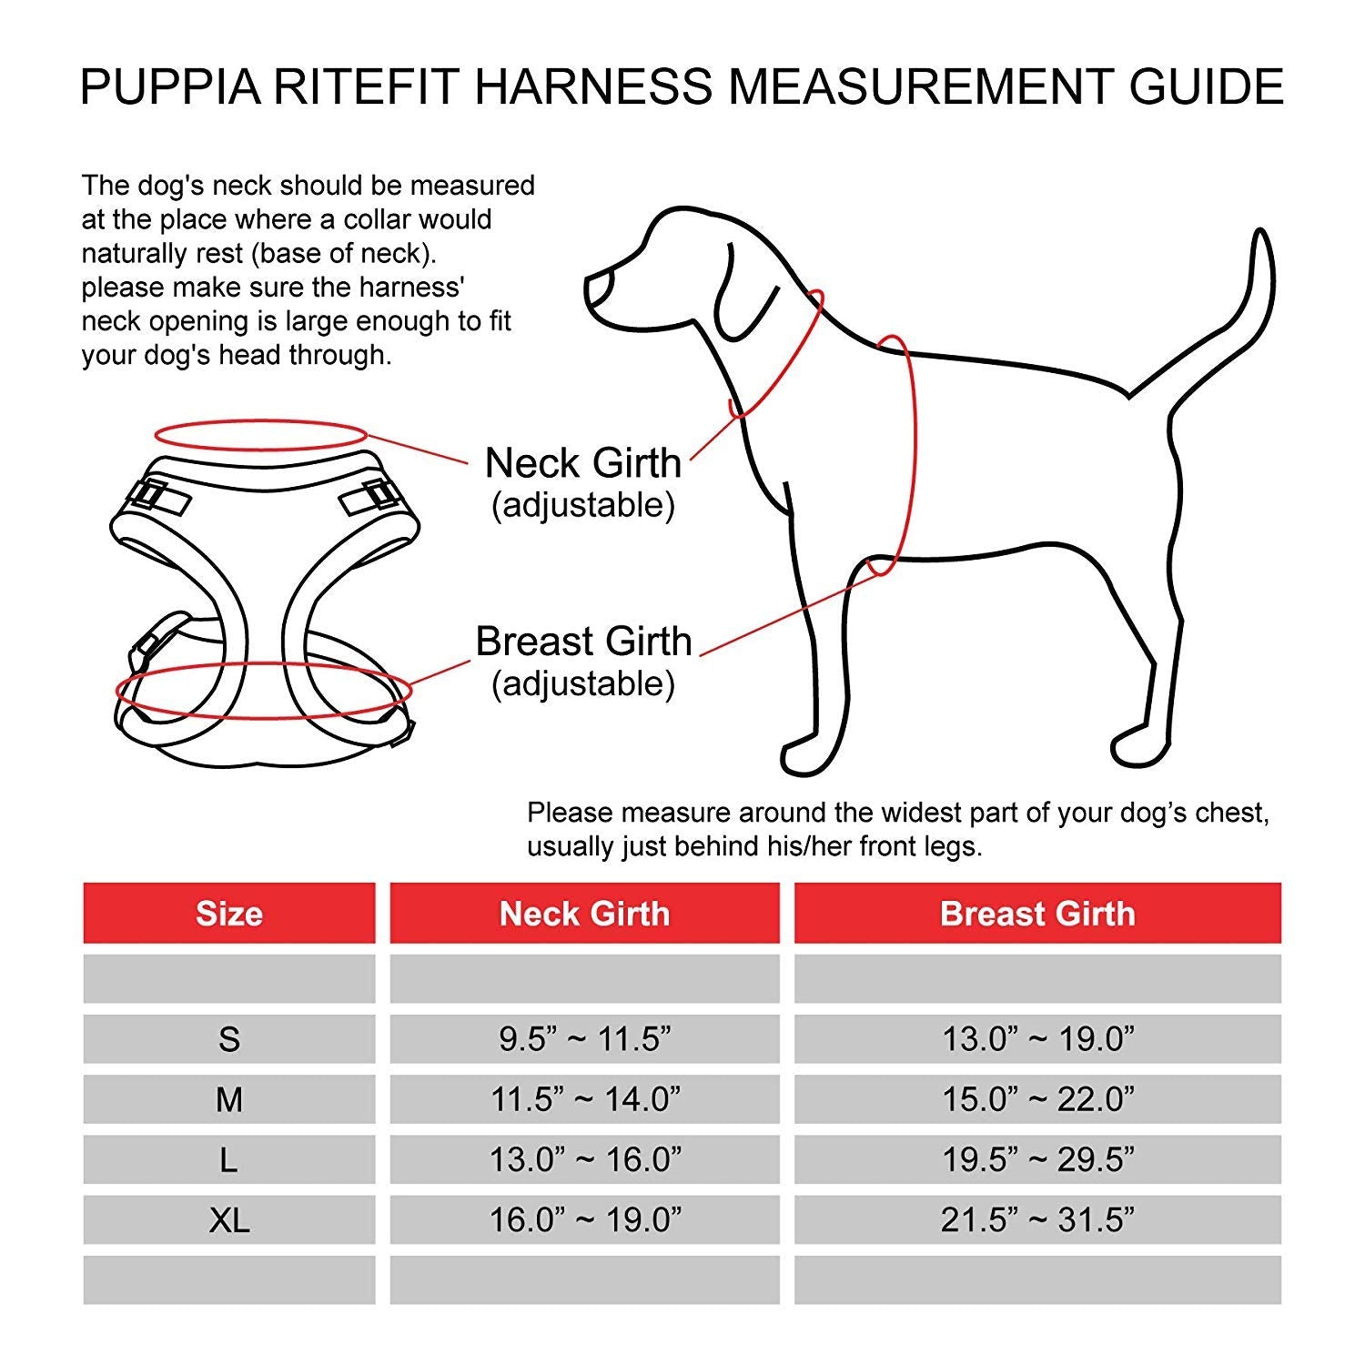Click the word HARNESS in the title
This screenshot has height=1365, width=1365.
[x=592, y=86]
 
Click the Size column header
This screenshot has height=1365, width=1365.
[x=228, y=914]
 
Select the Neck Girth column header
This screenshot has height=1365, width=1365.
[x=584, y=914]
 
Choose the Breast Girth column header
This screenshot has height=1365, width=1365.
[x=1037, y=914]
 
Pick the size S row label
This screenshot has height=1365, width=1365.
[x=228, y=1039]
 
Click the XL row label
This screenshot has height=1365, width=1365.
[x=228, y=1220]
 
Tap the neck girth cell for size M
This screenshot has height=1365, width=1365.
[x=584, y=1099]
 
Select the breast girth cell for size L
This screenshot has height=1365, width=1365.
[x=1037, y=1159]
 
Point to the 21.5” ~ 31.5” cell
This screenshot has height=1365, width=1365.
[x=1037, y=1220]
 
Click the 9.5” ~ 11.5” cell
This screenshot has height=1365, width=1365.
[x=584, y=1039]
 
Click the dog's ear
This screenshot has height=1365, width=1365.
[x=751, y=291]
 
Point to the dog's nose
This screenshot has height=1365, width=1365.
[x=596, y=289]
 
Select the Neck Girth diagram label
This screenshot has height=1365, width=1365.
[x=582, y=463]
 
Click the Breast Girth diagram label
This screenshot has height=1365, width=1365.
[x=583, y=642]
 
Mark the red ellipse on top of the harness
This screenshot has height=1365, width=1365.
[x=260, y=434]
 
